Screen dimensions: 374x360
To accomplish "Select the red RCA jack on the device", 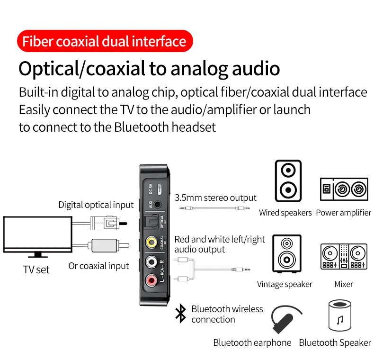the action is click(151, 281).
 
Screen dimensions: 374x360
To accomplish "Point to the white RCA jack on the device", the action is click(151, 261).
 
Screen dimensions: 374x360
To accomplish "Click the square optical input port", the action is click(151, 222).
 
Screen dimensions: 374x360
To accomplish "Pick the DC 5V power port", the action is click(160, 189).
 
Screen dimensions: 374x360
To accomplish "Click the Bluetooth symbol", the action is click(180, 314).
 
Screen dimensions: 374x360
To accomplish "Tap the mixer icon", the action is click(344, 257).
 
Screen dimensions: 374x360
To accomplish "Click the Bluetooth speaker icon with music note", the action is click(339, 315).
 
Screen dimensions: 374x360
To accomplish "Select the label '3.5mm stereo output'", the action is click(215, 198).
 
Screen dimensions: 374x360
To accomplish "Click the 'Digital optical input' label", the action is click(96, 205).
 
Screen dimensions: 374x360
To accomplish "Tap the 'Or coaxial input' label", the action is click(98, 266).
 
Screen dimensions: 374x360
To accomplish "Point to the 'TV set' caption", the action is click(36, 270).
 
